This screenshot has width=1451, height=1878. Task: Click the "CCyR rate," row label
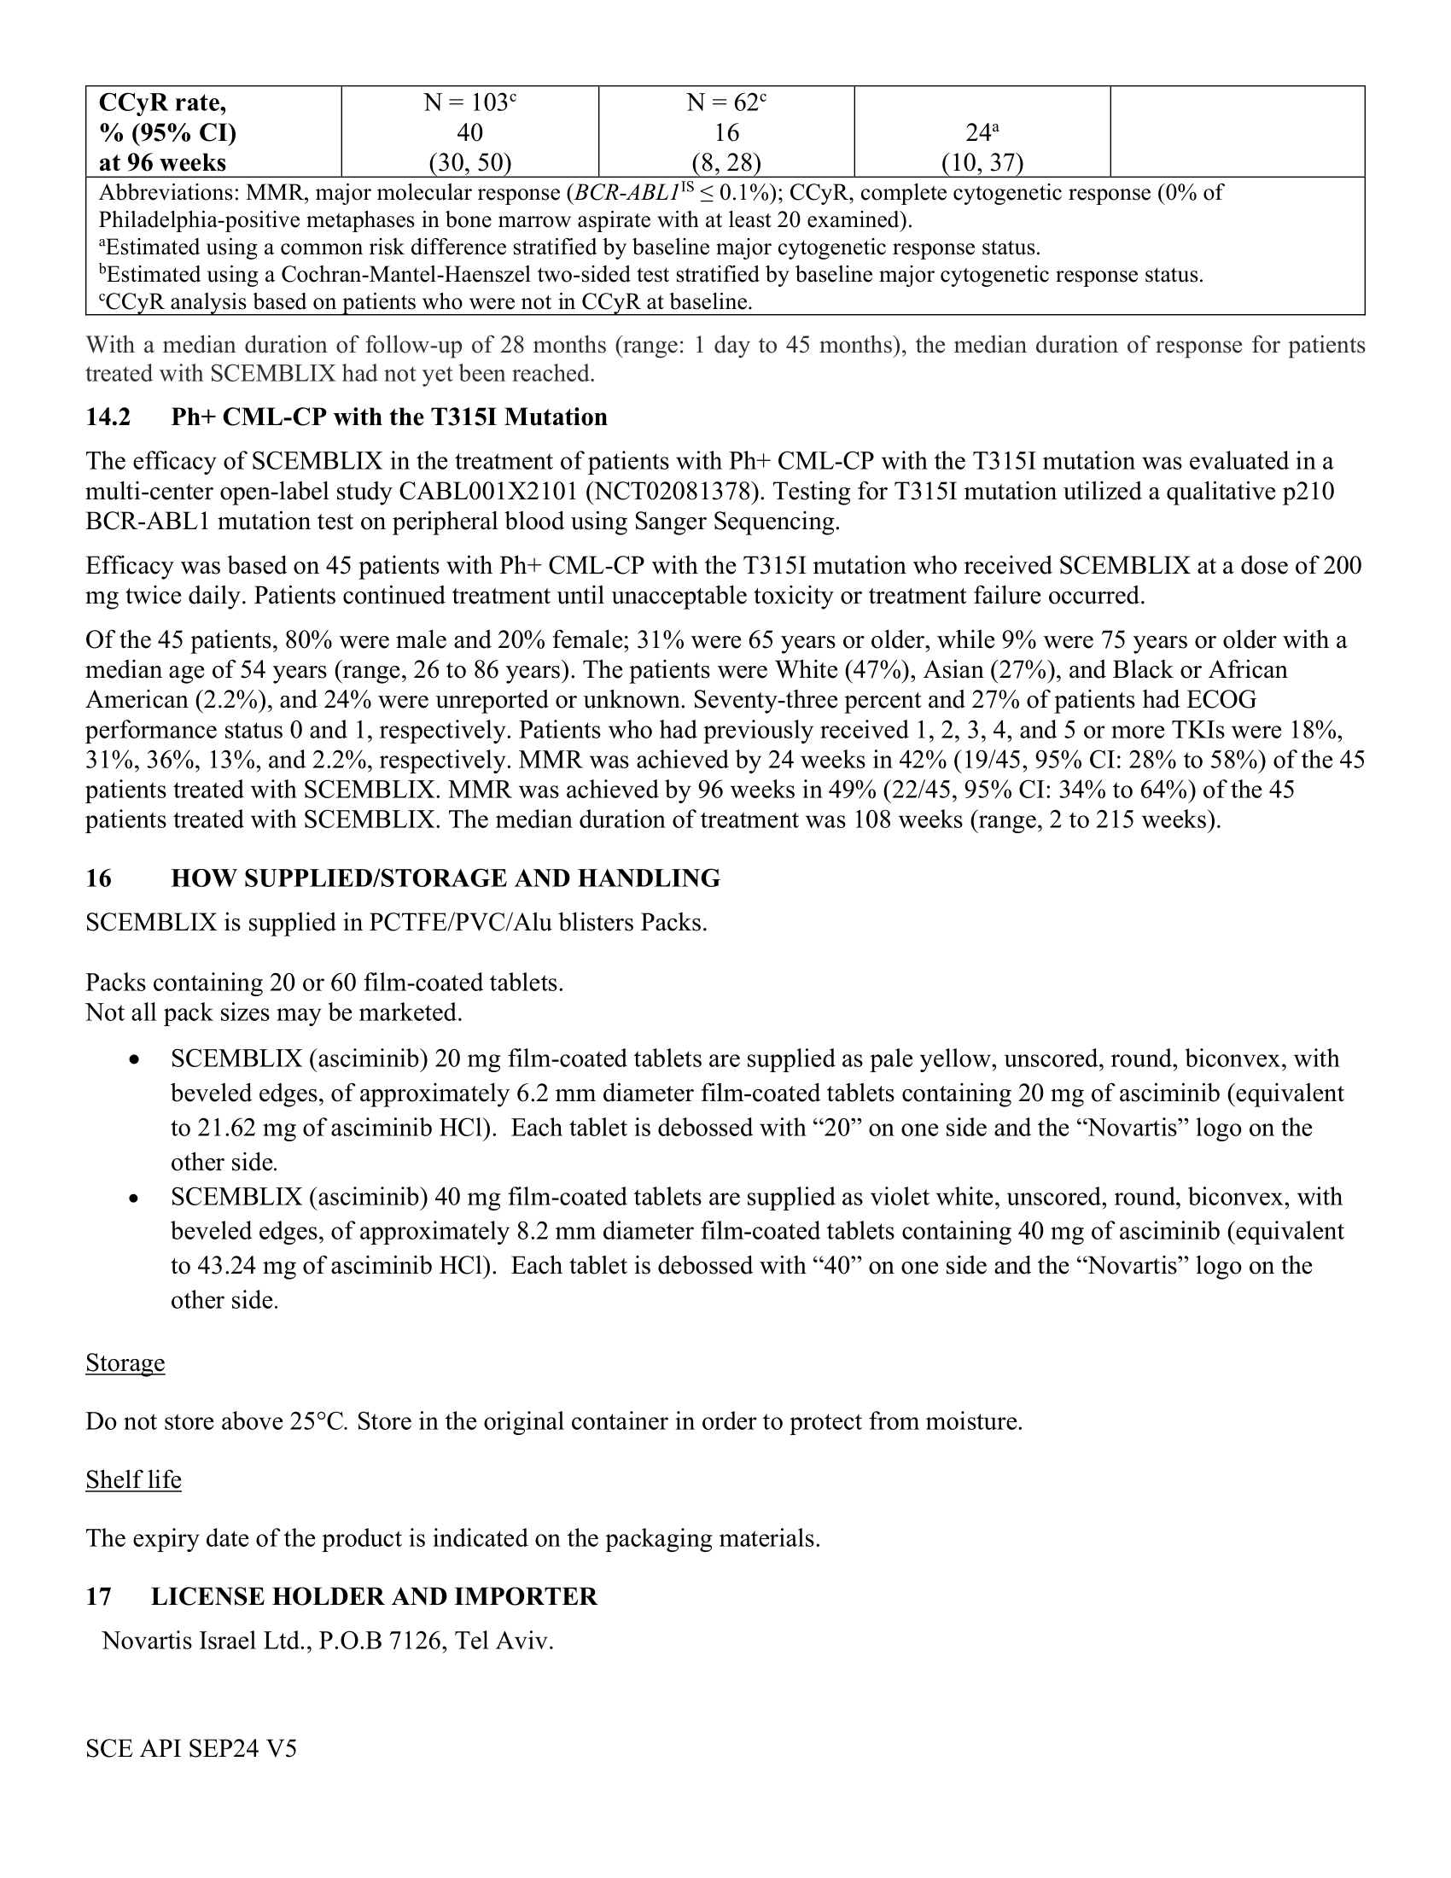point(162,103)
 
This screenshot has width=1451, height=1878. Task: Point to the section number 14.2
point(108,417)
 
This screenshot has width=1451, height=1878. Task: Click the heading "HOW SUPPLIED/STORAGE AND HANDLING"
point(446,878)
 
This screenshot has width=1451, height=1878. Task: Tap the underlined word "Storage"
point(125,1363)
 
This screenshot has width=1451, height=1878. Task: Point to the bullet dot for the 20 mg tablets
point(133,1060)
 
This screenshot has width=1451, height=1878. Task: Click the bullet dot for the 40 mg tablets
point(133,1198)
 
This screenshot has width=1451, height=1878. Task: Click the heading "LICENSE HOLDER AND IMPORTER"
point(374,1596)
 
